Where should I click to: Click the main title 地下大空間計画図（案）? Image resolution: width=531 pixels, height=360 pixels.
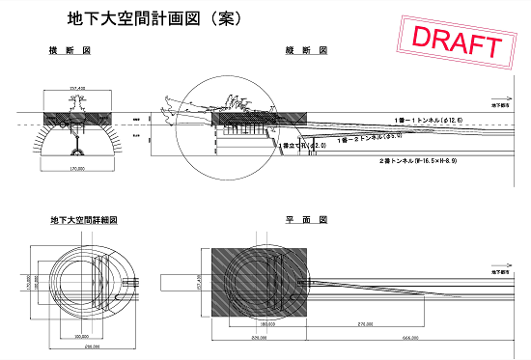click(154, 18)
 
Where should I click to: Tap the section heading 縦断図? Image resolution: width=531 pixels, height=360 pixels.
click(307, 50)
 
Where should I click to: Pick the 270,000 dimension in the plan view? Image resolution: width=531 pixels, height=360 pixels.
click(365, 325)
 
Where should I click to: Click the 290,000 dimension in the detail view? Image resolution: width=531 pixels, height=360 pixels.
click(93, 346)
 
